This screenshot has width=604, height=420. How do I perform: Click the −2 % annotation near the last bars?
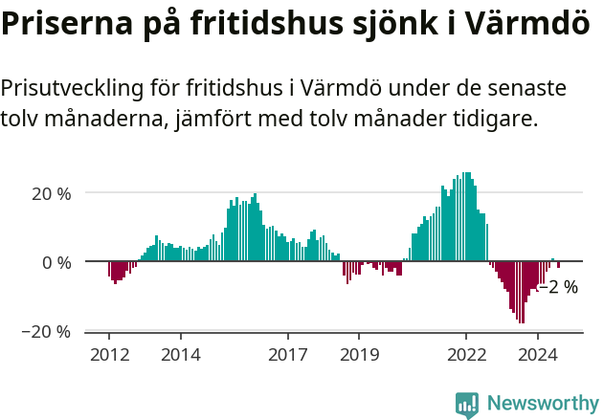click(x=558, y=286)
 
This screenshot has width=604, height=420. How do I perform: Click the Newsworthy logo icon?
click(x=467, y=404)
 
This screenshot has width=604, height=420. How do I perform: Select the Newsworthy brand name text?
click(x=543, y=404)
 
